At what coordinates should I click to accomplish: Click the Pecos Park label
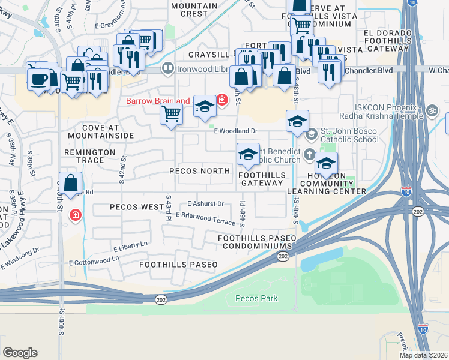pyautogui.click(x=256, y=298)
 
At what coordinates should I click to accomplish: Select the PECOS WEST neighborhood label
pyautogui.click(x=137, y=207)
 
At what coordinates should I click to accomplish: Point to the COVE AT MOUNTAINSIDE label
pyautogui.click(x=108, y=132)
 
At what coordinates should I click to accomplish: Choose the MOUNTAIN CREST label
pyautogui.click(x=194, y=9)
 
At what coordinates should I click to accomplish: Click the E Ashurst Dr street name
pyautogui.click(x=205, y=204)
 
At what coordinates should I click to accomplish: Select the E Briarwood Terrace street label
pyautogui.click(x=205, y=218)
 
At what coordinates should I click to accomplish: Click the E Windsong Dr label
pyautogui.click(x=20, y=257)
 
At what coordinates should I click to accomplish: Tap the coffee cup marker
pyautogui.click(x=38, y=78)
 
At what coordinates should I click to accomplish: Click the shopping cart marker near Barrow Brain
pyautogui.click(x=172, y=113)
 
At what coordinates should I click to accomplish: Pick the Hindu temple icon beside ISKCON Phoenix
pyautogui.click(x=430, y=111)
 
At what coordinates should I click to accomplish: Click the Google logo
pyautogui.click(x=20, y=353)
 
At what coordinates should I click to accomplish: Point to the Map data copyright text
pyautogui.click(x=423, y=355)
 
